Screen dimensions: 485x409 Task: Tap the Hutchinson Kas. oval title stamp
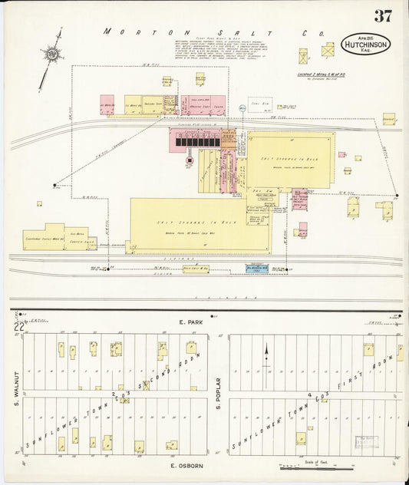pyautogui.click(x=366, y=45)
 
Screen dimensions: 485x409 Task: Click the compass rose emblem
pyautogui.click(x=52, y=54)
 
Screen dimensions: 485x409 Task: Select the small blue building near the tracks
pyautogui.click(x=256, y=268)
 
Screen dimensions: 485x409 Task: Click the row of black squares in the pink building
pyautogui.click(x=195, y=141)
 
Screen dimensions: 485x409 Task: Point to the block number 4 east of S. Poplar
pyautogui.click(x=309, y=394)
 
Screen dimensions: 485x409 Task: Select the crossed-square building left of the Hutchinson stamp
pyautogui.click(x=328, y=50)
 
